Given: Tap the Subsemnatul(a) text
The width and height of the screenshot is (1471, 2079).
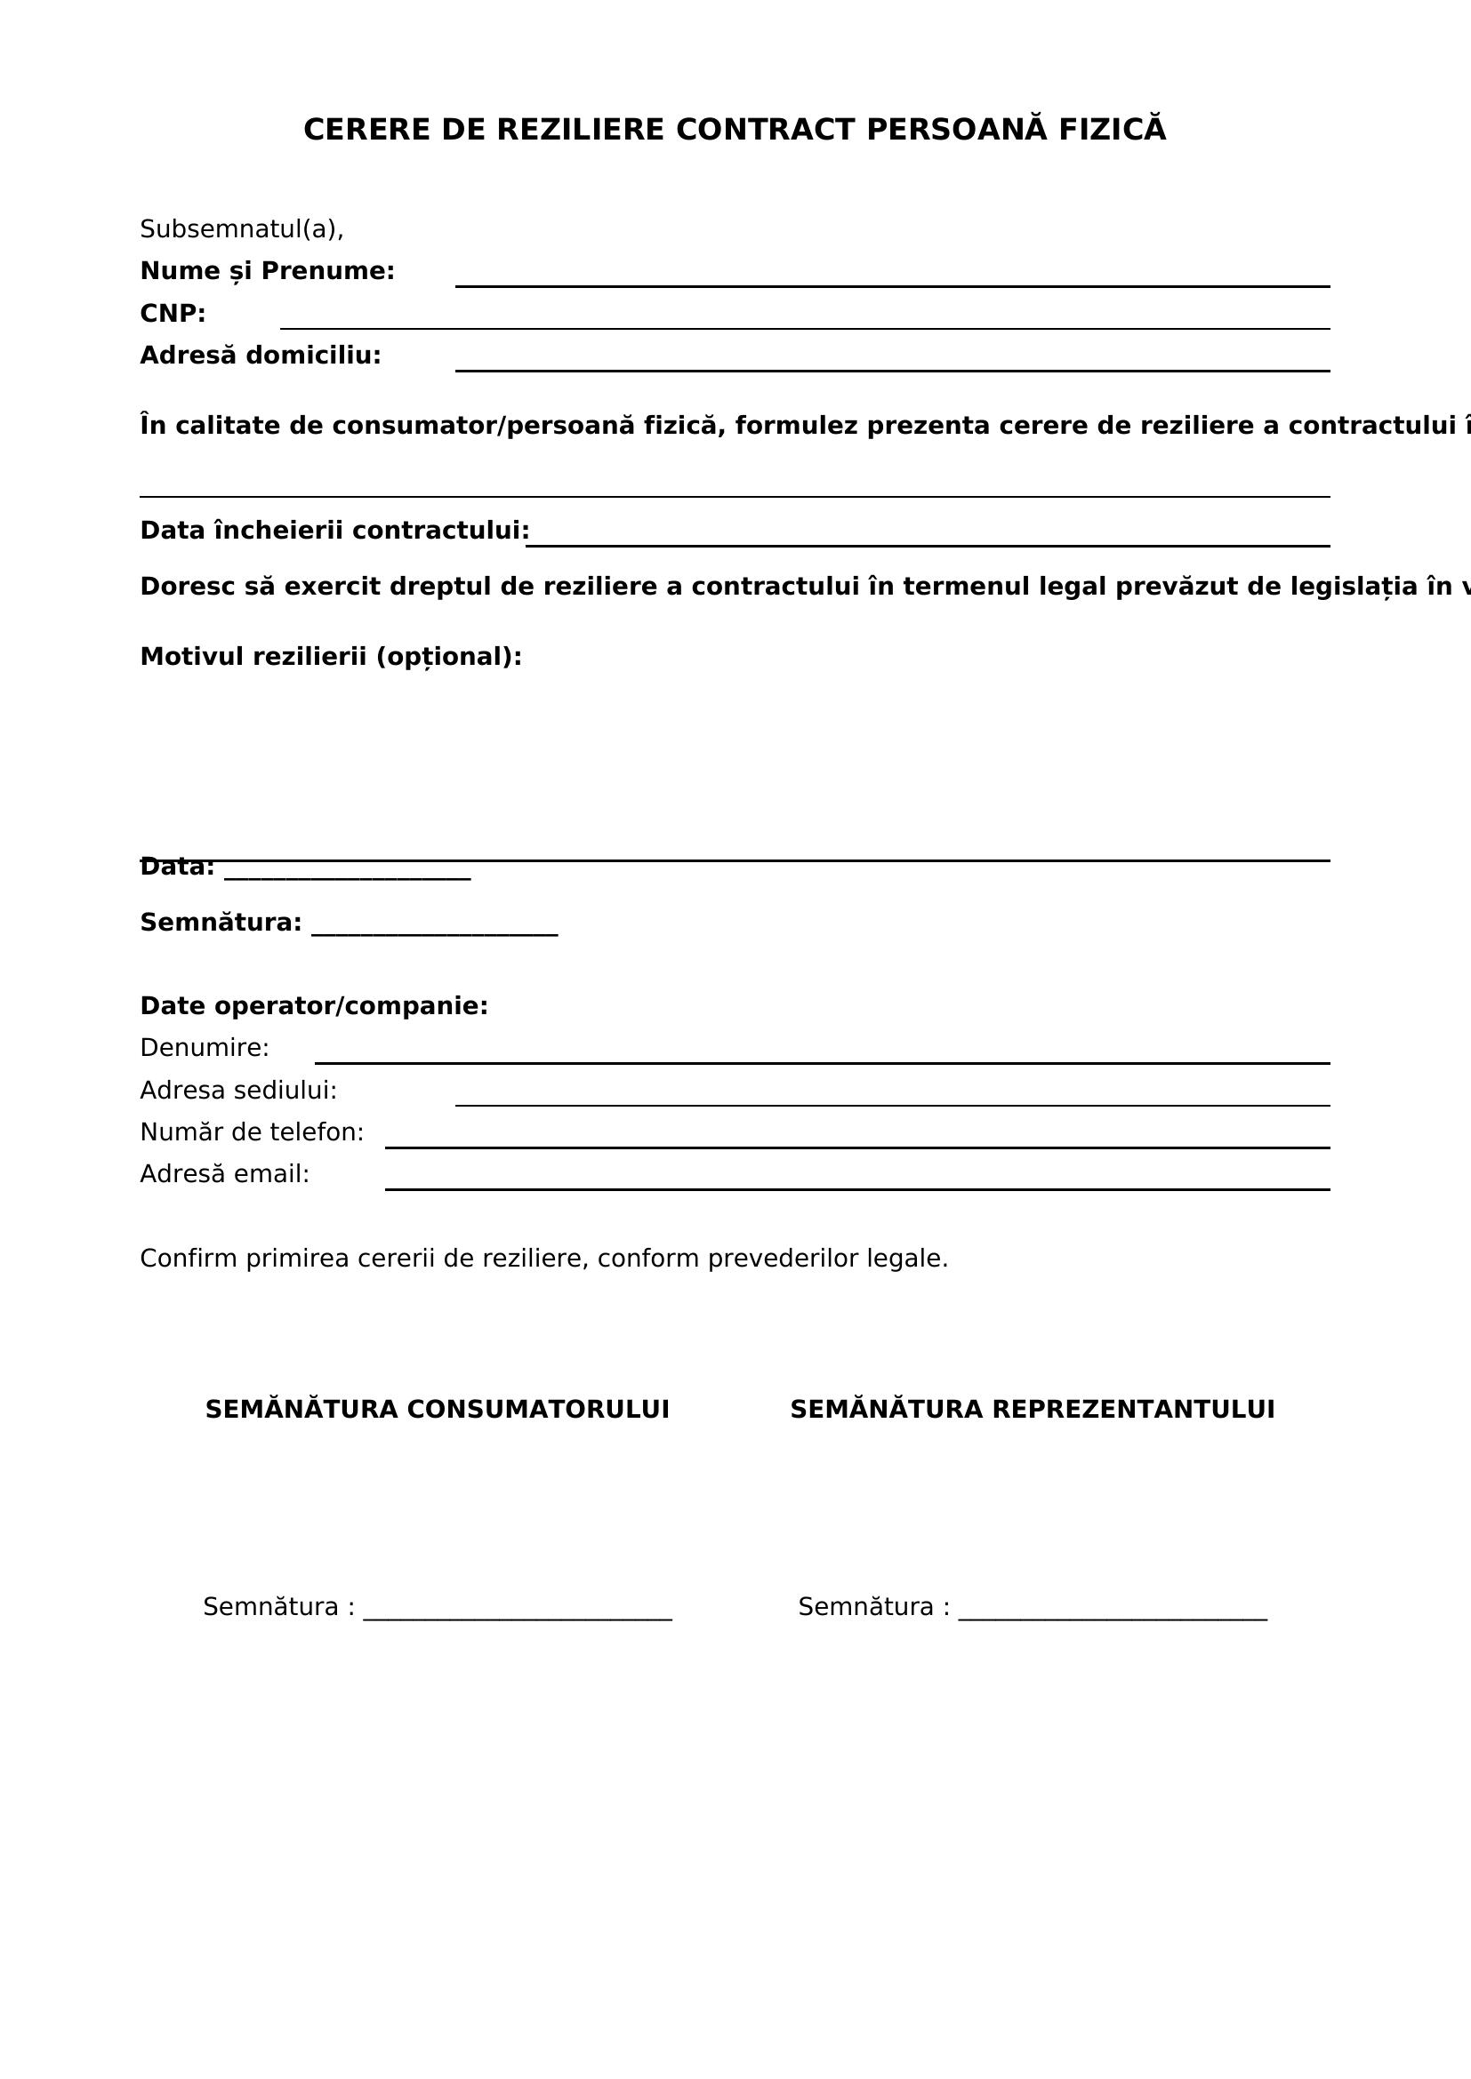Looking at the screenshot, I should click(x=242, y=230).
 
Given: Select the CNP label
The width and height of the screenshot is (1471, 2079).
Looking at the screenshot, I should click(x=173, y=314).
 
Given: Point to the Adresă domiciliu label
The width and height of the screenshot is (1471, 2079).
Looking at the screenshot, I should click(x=261, y=356).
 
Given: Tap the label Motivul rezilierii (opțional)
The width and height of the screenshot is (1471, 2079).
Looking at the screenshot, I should click(x=331, y=657).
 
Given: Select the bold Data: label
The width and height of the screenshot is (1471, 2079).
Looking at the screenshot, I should click(x=177, y=868).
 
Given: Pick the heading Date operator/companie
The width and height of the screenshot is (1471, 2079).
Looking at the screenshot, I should click(x=313, y=1006).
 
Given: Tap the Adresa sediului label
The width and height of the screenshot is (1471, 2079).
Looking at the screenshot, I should click(x=238, y=1091).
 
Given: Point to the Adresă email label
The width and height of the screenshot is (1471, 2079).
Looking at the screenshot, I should click(x=225, y=1174).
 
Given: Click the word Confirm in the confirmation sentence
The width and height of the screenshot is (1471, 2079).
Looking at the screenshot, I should click(x=189, y=1259).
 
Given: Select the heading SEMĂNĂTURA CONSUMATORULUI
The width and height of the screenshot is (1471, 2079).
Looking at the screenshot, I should click(x=438, y=1410).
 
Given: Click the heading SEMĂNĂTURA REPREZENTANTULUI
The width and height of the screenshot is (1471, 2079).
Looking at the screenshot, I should click(x=1032, y=1410).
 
